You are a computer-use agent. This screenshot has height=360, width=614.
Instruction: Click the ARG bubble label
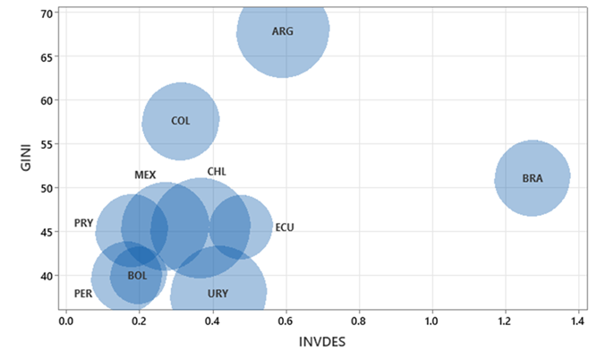(x=283, y=31)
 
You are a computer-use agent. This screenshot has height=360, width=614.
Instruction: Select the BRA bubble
(x=533, y=178)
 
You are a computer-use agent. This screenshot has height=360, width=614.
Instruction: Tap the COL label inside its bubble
(x=181, y=121)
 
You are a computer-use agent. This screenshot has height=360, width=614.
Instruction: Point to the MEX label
(x=145, y=176)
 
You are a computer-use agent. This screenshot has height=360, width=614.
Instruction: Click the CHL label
(x=217, y=172)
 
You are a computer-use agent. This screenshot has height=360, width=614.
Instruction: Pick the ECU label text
(x=284, y=227)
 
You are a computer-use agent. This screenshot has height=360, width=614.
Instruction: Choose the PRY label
(x=83, y=223)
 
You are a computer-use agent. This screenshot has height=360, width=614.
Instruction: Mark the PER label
(x=83, y=294)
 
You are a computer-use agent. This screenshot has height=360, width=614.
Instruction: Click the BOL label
(x=137, y=276)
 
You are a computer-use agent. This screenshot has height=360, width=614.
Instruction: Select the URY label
(x=217, y=294)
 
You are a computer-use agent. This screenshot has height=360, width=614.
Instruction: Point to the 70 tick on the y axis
(x=46, y=13)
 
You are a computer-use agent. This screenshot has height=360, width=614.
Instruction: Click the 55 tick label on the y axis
(x=46, y=144)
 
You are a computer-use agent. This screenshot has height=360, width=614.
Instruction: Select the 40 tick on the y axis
(x=46, y=276)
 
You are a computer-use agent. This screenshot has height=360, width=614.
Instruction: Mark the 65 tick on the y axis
(x=46, y=56)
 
